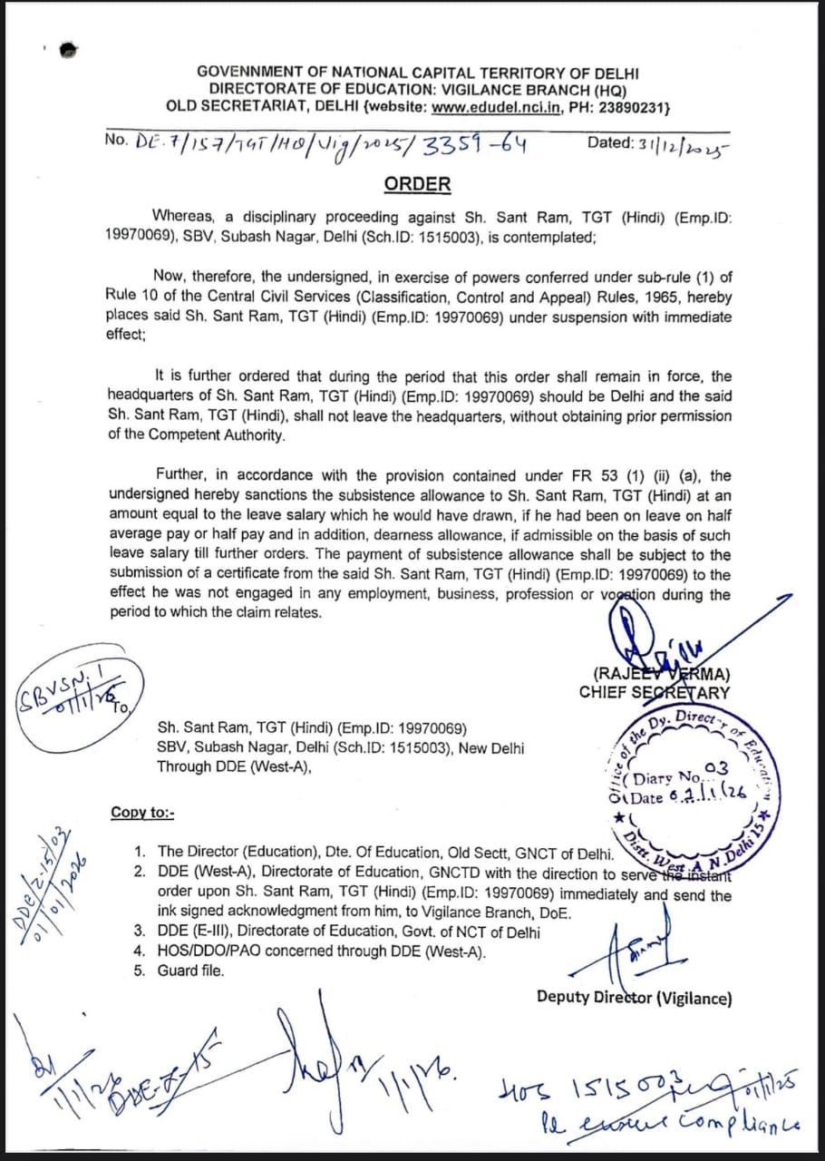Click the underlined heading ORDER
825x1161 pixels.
coord(417,184)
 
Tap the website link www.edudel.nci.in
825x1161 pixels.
coord(497,108)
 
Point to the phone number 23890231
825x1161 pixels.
coord(633,108)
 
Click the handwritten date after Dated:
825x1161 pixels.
coord(666,143)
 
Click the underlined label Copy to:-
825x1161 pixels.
coord(142,812)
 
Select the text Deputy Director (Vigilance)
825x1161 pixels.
coord(634,997)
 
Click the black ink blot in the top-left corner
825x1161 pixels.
coord(67,51)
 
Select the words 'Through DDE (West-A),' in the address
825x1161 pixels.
coord(234,766)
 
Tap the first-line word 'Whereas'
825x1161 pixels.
coord(185,216)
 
